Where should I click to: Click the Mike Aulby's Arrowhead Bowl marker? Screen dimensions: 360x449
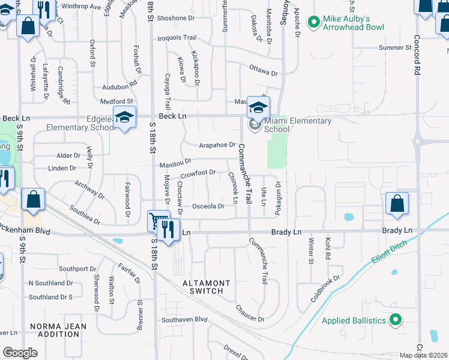tap(313, 23)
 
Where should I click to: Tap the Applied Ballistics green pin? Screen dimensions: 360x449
tap(395, 320)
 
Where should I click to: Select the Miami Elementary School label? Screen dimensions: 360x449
tap(298, 125)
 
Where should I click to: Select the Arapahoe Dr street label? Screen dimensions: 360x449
tap(217, 145)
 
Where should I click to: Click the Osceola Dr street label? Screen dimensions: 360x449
tap(208, 206)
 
